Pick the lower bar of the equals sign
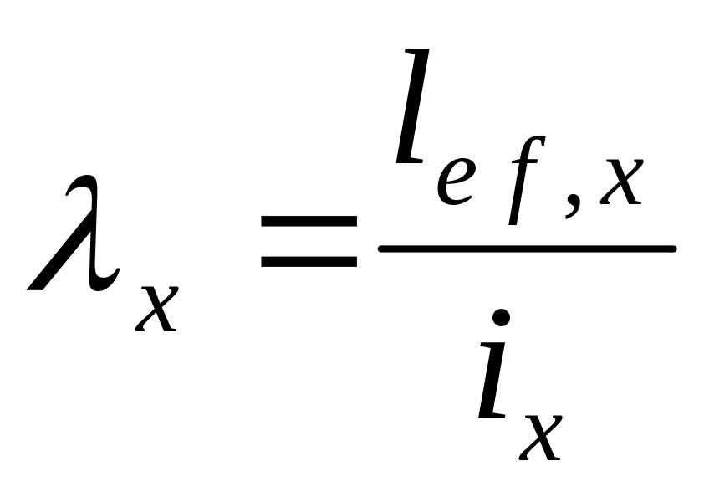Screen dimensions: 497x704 (x=309, y=262)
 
